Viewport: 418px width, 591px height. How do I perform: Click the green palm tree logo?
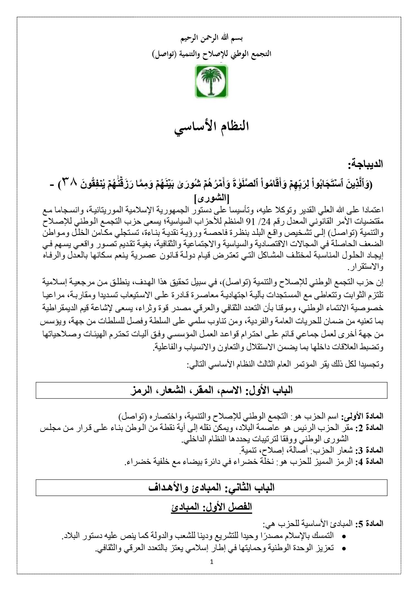[x=212, y=81]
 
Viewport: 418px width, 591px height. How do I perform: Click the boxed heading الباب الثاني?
[x=212, y=487]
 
